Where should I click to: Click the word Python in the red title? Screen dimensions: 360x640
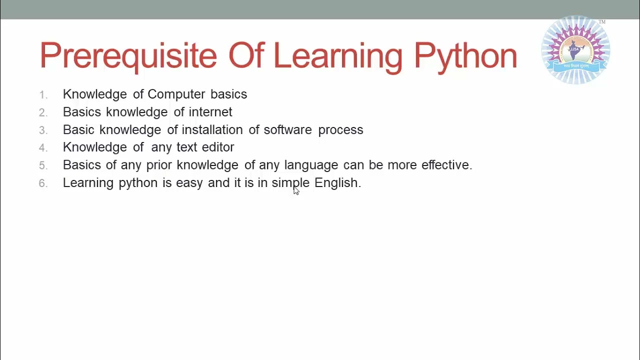pos(465,56)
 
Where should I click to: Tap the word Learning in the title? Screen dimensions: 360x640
pos(338,56)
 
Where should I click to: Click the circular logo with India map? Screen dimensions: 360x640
pos(576,50)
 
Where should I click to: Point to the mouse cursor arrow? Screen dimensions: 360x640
pos(295,190)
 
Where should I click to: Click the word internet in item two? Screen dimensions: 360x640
pos(210,112)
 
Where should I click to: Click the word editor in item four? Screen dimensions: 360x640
pos(218,147)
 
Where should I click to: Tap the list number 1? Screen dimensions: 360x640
pos(43,95)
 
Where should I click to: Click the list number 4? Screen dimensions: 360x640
pos(43,148)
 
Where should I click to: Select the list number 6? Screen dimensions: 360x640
pos(43,183)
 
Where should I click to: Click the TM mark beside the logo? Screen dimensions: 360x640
pos(602,22)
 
